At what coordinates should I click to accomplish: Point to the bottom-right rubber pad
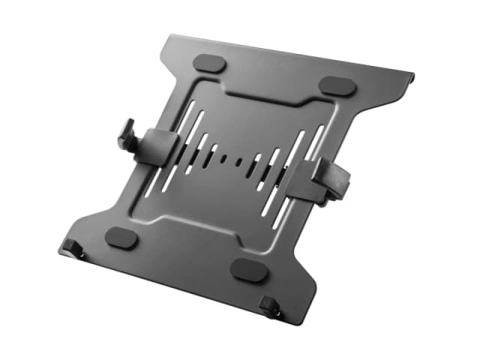[x=248, y=271]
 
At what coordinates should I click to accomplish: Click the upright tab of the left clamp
[x=126, y=136]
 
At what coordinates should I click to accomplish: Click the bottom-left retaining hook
[x=72, y=246]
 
